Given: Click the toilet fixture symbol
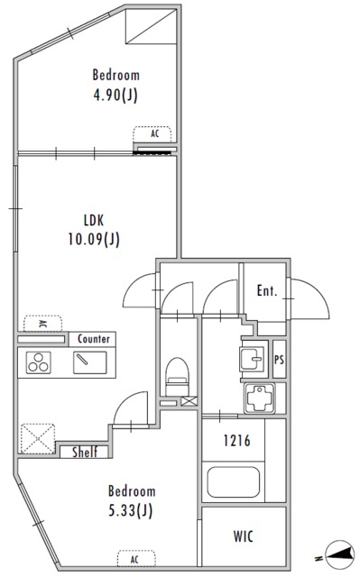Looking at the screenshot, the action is (177, 376).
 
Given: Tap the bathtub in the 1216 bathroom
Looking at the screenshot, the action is (233, 481).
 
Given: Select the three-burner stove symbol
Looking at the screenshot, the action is (38, 362).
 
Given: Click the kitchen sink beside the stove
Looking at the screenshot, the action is (90, 362).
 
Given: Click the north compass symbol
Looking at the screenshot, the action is (338, 554).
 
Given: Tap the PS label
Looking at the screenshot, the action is (279, 360).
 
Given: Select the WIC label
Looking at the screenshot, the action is (243, 536).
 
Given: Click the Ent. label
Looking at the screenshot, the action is (267, 290).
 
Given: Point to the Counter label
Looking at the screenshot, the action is (94, 339).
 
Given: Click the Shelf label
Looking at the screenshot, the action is (85, 452).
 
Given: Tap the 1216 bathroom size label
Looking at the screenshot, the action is (237, 440).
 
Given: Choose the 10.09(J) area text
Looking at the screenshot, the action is (94, 240).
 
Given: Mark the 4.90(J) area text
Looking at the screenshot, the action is (115, 96).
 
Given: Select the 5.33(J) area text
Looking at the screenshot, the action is (131, 510).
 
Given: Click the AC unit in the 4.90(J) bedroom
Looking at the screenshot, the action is (152, 134).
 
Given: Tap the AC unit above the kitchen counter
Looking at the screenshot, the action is (42, 324).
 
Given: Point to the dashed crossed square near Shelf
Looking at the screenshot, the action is (38, 439).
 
